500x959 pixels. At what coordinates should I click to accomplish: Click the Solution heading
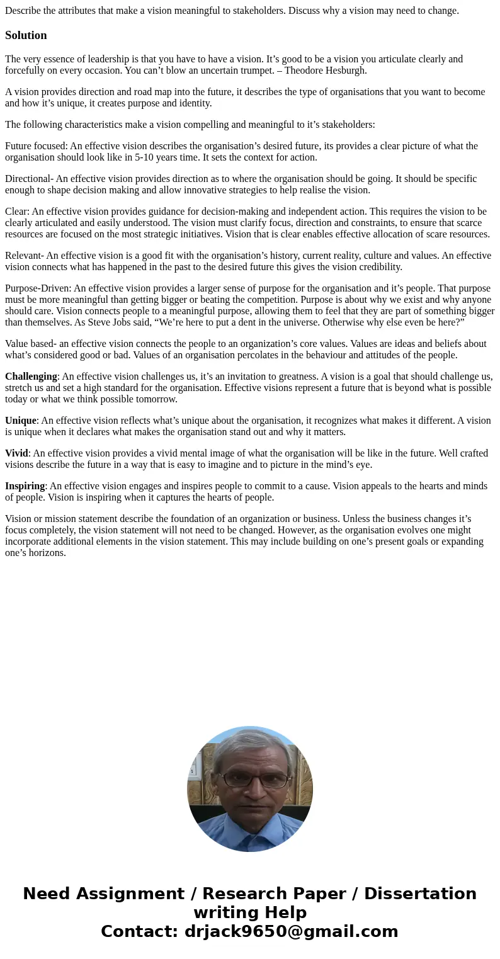click(26, 35)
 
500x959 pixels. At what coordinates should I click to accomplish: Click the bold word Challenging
click(31, 377)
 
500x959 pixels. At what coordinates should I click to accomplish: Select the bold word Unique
click(20, 421)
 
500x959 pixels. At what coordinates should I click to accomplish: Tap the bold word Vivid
click(16, 453)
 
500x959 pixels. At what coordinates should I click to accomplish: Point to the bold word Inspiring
click(25, 486)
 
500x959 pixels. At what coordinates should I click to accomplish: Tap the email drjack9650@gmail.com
click(291, 931)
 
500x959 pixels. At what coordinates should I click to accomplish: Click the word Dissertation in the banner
click(420, 894)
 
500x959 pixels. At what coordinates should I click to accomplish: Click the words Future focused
click(36, 146)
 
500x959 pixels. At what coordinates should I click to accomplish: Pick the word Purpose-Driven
click(38, 288)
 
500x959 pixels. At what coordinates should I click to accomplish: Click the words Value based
click(30, 344)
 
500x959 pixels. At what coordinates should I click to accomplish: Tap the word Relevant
click(23, 256)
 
